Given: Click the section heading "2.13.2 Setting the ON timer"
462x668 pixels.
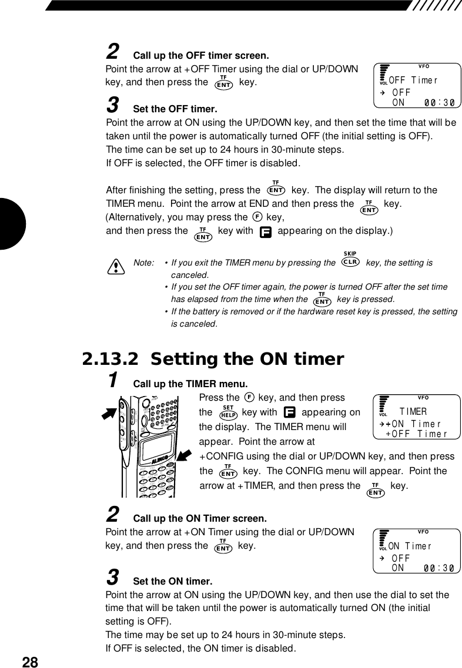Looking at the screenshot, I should pyautogui.click(x=213, y=359).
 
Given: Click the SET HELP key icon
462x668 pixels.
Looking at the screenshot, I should pyautogui.click(x=228, y=413).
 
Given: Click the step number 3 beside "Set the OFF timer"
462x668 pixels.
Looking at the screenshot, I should pyautogui.click(x=112, y=106).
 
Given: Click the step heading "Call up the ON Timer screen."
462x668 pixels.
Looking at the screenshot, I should pyautogui.click(x=200, y=519).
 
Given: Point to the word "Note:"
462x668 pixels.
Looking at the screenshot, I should pyautogui.click(x=144, y=263).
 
